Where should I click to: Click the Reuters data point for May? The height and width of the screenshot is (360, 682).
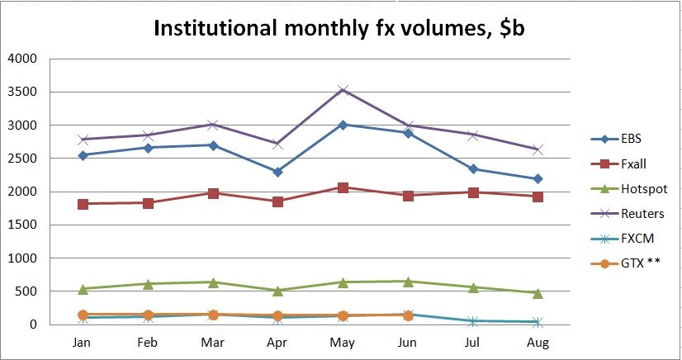pos(343,90)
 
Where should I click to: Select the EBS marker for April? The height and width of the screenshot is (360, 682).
pos(277,172)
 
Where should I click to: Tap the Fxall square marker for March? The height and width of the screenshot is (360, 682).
pos(213,193)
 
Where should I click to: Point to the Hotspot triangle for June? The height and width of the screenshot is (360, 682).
pos(408,282)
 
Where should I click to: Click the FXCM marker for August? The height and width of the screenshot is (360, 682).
pos(538,322)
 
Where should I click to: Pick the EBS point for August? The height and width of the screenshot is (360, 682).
pos(538,178)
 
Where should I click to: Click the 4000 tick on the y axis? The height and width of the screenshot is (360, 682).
pos(22,59)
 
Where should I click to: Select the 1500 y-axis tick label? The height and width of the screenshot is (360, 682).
pos(22,225)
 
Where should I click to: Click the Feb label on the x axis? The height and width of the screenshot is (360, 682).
pos(148,342)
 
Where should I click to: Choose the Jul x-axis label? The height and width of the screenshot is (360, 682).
pos(472,342)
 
